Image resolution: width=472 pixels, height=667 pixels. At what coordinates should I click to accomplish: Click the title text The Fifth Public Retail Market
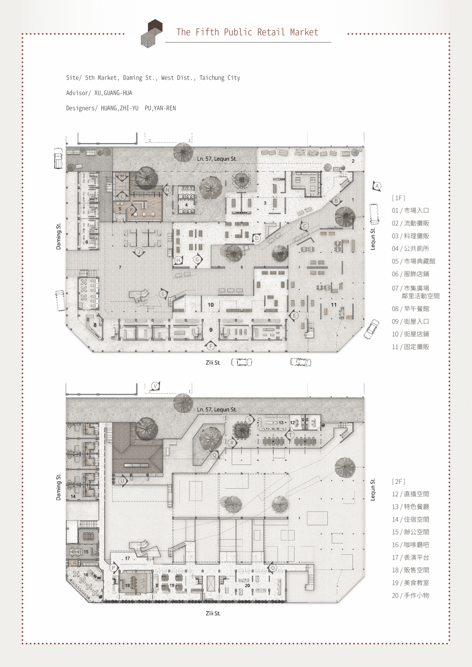[247, 32]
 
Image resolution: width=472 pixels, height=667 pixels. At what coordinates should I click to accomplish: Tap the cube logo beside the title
[152, 33]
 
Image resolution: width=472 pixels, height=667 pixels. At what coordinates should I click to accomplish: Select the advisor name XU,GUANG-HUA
[113, 93]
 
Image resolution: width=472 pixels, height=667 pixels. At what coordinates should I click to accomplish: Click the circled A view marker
[377, 186]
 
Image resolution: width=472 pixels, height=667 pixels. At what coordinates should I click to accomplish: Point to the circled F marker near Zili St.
[211, 346]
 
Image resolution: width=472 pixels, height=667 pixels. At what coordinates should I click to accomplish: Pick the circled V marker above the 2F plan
[155, 387]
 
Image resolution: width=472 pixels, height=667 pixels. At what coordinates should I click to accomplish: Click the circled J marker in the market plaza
[139, 252]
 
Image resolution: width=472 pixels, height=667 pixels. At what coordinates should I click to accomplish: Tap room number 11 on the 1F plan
[334, 305]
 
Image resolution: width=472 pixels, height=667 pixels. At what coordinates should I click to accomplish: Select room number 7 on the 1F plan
[120, 267]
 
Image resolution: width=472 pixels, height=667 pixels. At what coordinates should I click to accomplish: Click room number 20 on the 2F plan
[247, 585]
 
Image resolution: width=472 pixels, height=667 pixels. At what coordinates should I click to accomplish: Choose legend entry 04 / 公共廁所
[410, 249]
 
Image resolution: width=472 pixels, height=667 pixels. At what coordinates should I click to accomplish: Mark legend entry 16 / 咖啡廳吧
[410, 545]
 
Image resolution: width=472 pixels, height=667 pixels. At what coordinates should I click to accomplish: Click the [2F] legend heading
[398, 482]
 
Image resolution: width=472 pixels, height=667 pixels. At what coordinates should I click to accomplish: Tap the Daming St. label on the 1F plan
[59, 236]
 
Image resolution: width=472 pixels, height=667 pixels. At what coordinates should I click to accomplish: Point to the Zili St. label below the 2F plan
[213, 613]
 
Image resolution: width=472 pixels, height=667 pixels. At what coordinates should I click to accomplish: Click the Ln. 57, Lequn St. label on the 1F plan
[216, 159]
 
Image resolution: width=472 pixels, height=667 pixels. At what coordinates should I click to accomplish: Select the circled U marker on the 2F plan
[123, 481]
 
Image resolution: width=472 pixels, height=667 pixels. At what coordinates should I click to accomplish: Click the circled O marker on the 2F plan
[273, 568]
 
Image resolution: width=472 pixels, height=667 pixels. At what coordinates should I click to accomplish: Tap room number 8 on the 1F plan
[95, 325]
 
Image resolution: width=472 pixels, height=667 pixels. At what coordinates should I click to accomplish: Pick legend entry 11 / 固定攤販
[410, 347]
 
